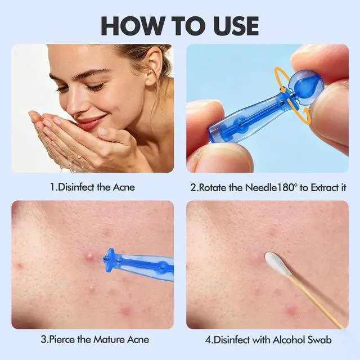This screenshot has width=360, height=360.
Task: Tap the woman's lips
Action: [x=91, y=123]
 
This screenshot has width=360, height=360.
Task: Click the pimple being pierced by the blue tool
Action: [x=90, y=256]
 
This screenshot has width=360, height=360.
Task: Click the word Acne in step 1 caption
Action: [x=124, y=187]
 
